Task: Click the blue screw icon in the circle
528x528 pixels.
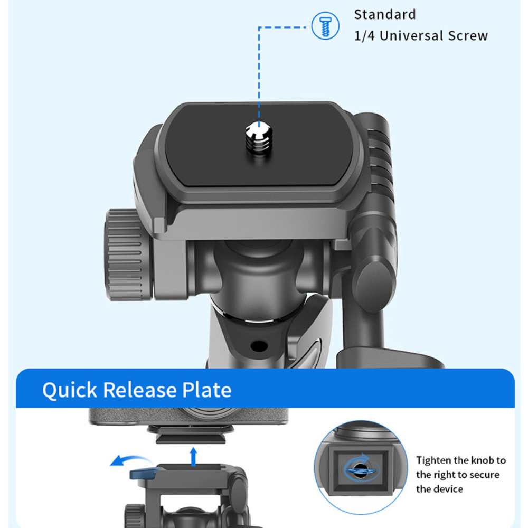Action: [325, 26]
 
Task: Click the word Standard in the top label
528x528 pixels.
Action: [385, 14]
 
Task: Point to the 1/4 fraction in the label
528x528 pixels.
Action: [364, 36]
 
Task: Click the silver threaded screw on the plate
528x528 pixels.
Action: [259, 138]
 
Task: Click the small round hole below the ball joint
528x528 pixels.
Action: [259, 346]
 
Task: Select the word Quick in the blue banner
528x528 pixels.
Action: [70, 390]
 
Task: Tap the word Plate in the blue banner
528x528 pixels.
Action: [207, 390]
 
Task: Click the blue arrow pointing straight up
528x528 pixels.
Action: [193, 457]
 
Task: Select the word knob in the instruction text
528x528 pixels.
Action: [483, 460]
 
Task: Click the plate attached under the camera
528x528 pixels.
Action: [191, 433]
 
